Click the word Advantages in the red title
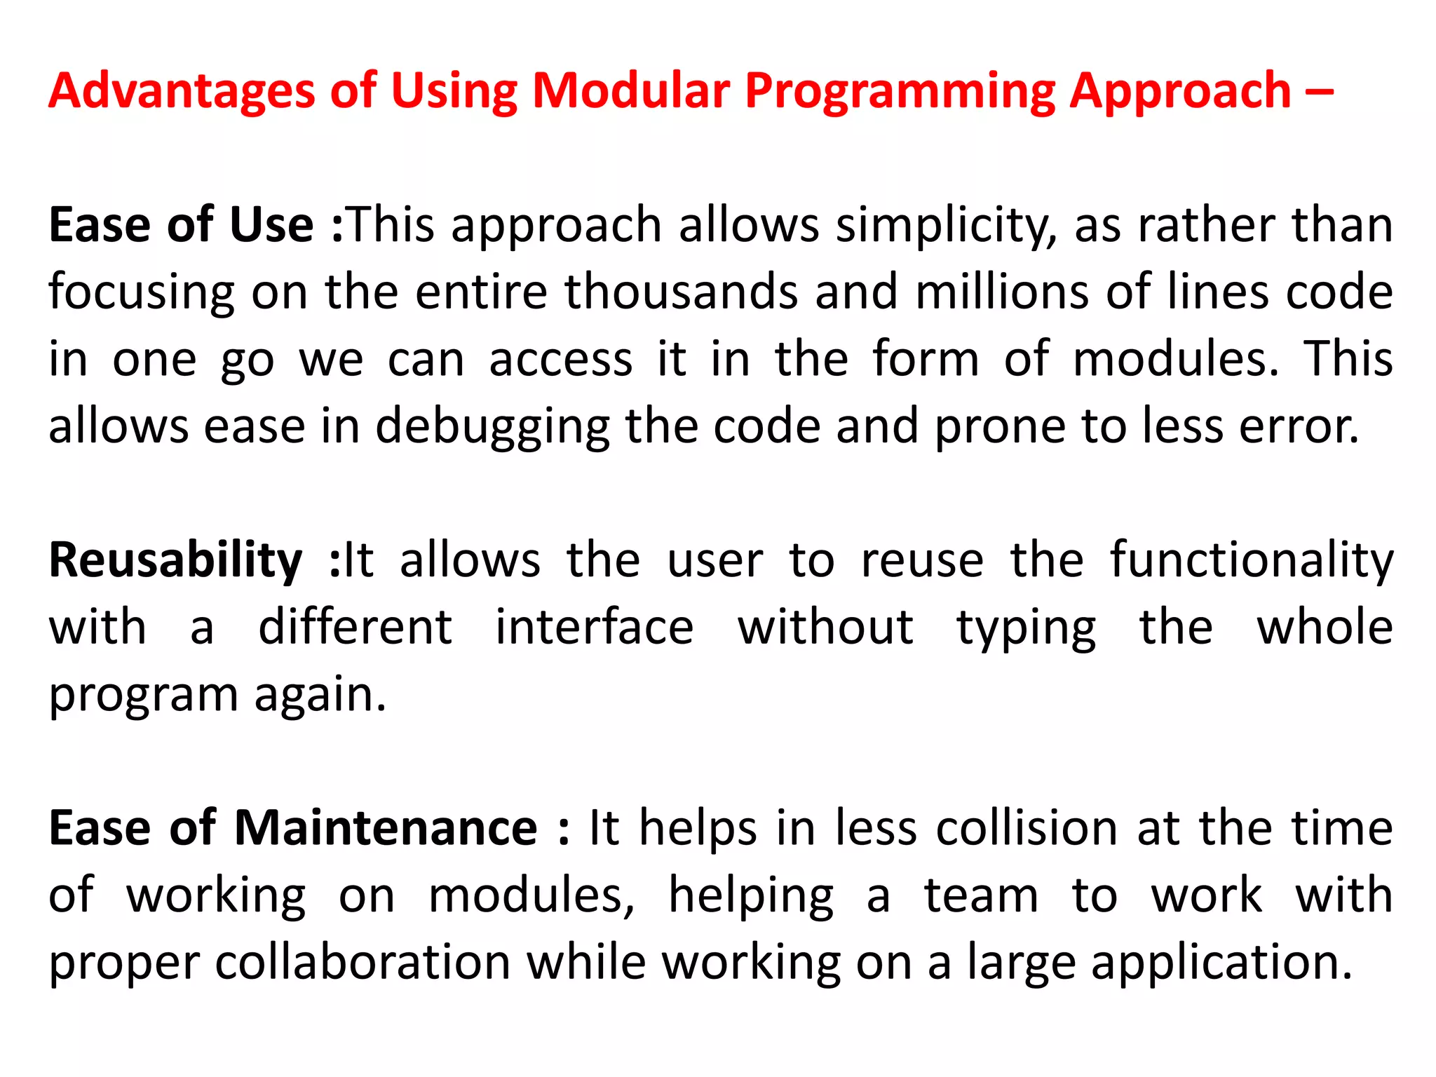182,93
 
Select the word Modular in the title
631,91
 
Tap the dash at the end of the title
1320,93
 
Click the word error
1299,426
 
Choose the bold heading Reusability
175,561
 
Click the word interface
595,628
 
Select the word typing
1027,629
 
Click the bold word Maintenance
386,829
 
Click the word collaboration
363,963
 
